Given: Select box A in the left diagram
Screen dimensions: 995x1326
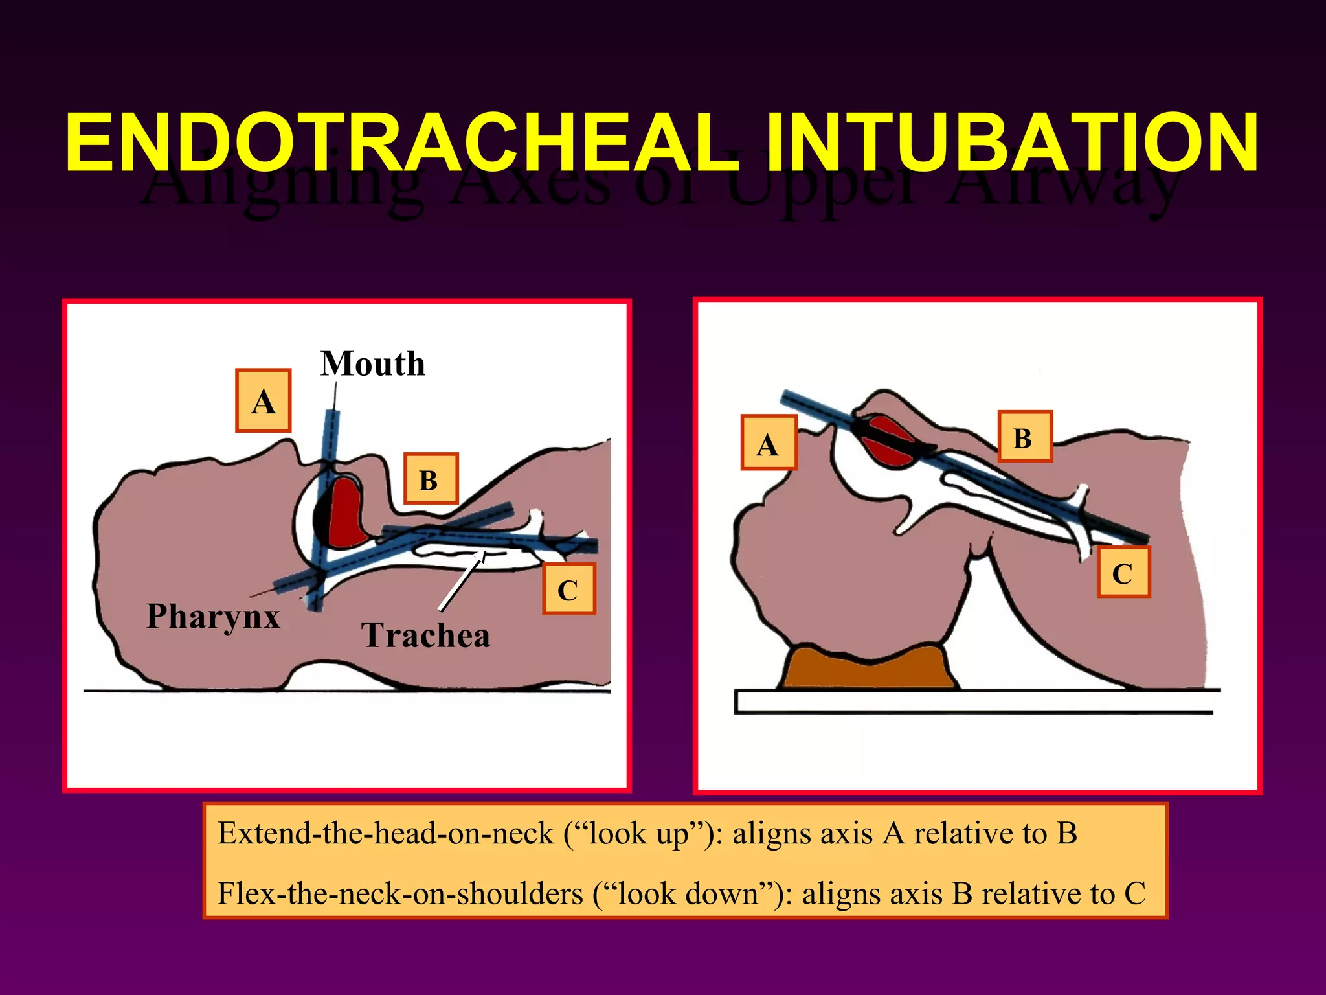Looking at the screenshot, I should point(263,401).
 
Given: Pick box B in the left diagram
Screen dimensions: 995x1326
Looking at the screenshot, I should point(431,479).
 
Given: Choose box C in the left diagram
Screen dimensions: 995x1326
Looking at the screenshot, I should point(568,589).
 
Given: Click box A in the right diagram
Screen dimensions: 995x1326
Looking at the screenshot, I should point(769,443).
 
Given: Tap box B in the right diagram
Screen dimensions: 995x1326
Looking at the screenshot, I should point(1024,437).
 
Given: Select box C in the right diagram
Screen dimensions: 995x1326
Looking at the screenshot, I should point(1123,573).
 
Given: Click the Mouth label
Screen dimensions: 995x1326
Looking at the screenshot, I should point(373,364).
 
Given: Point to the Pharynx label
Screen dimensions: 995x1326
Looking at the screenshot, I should point(213,616).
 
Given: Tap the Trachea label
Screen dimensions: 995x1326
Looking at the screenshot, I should point(425,635).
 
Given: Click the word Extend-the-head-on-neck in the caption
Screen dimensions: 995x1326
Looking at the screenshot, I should point(385,834).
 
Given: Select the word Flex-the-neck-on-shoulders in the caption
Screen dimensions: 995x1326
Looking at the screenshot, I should point(400,894).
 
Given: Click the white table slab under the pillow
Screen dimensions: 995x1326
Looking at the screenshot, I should point(971,702).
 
